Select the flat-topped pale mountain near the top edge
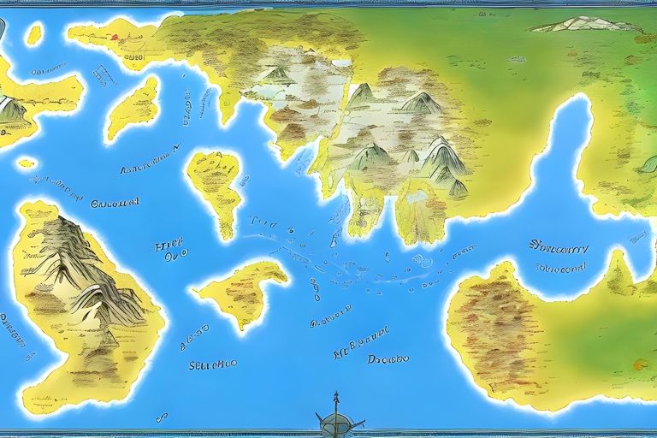click(x=587, y=24)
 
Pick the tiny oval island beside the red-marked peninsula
click(x=34, y=34)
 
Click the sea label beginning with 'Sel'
click(x=212, y=364)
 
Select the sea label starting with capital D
click(x=388, y=359)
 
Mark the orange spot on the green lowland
click(x=640, y=365)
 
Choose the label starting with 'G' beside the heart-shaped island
click(x=114, y=203)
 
